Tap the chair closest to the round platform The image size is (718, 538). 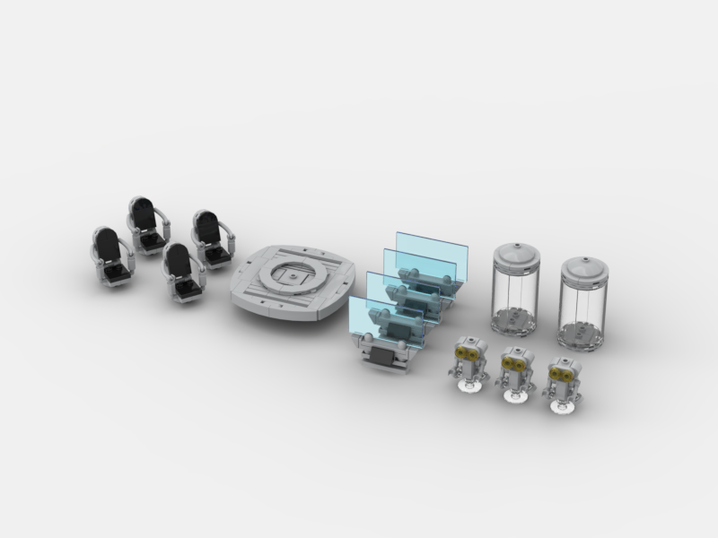[211, 239]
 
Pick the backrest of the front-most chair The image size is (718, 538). [179, 263]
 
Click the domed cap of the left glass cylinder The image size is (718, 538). [516, 253]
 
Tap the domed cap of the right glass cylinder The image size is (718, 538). [585, 266]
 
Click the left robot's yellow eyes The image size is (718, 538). [466, 353]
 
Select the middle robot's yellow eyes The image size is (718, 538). [513, 363]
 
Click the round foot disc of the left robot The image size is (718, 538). [468, 386]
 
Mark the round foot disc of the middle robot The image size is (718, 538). [514, 397]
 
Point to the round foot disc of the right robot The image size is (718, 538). [562, 408]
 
